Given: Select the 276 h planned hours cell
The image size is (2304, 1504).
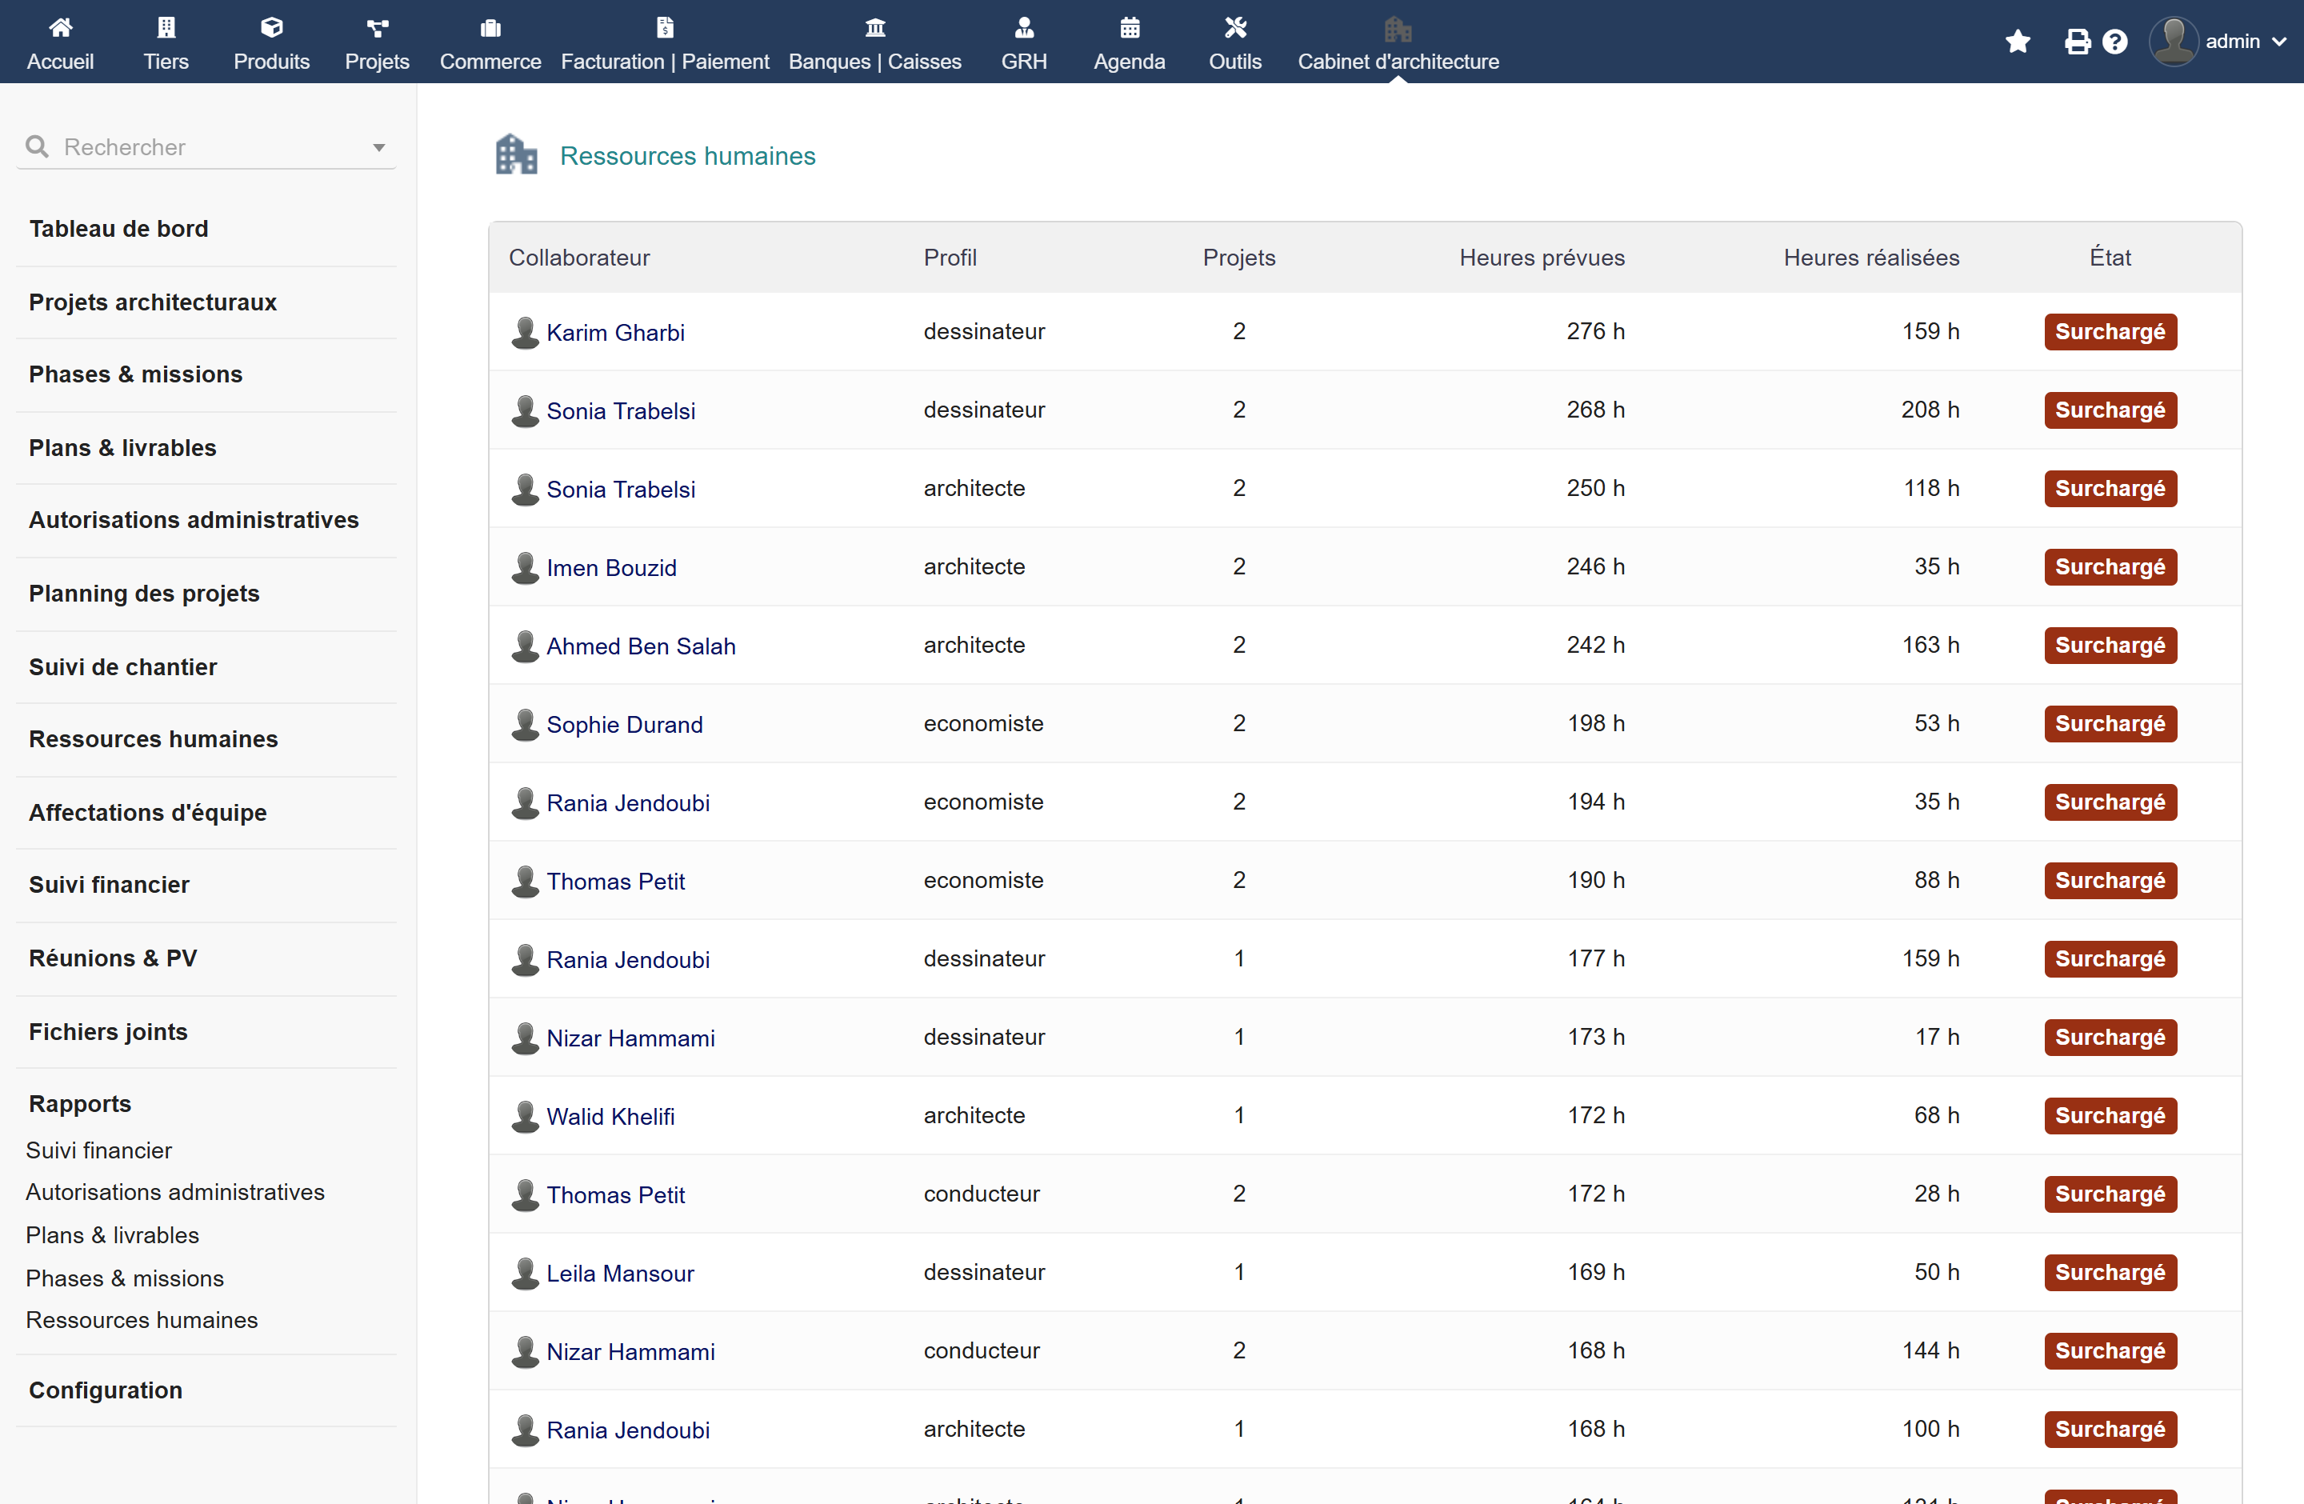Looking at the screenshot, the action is [x=1594, y=331].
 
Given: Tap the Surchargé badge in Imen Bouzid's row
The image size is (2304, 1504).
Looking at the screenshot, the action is [x=2110, y=567].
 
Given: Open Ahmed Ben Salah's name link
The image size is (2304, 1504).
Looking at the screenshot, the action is [x=641, y=646].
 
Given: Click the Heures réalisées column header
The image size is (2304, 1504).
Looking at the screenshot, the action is [x=1870, y=258].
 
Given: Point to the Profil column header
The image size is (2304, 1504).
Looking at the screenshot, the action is [x=950, y=258].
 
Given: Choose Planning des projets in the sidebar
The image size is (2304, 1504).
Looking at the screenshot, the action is [x=144, y=594].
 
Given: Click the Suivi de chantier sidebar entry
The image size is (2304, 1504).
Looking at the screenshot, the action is [x=123, y=667].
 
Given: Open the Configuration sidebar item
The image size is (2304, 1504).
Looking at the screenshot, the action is [x=106, y=1390].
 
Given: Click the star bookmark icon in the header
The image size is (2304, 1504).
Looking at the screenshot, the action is [x=2018, y=42].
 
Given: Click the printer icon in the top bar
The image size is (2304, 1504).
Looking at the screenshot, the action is [x=2077, y=42].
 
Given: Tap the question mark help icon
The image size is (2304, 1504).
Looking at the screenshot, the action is [x=2115, y=42].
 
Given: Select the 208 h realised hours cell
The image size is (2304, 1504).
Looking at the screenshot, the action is [x=1930, y=410].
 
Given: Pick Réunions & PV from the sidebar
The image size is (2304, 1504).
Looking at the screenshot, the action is [x=114, y=958].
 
